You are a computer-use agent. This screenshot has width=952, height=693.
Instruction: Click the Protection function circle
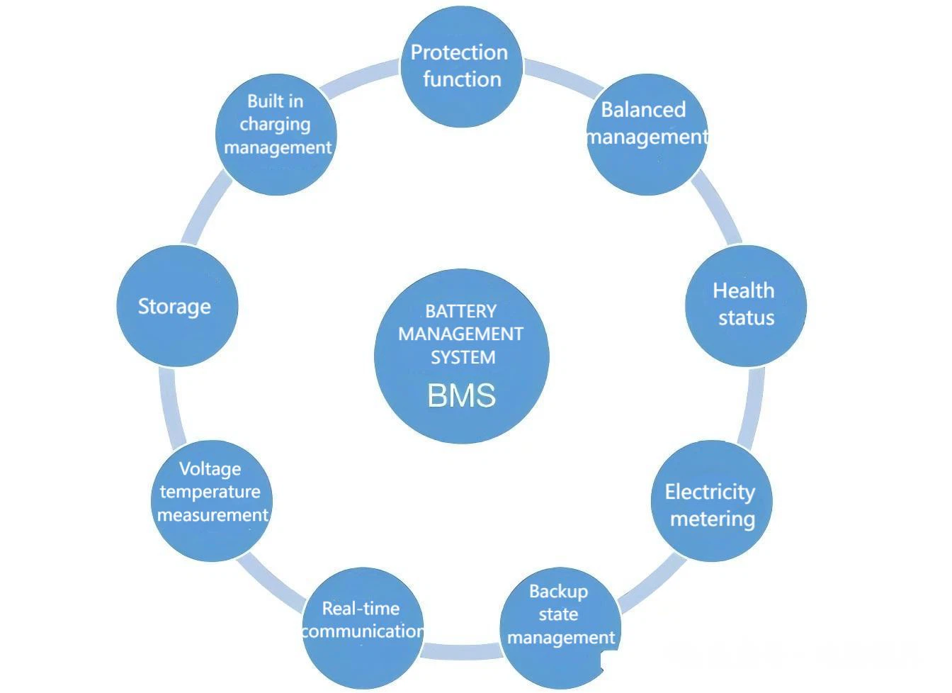click(462, 67)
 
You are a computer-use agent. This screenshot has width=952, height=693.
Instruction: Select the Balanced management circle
click(647, 135)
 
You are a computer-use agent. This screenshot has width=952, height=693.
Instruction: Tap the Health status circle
click(746, 306)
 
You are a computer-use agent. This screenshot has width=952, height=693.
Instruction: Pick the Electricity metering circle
click(712, 501)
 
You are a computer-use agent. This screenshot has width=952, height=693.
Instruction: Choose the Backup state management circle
click(560, 629)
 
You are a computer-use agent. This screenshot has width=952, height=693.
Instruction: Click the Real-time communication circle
click(363, 629)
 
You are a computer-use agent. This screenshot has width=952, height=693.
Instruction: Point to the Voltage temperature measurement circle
click(212, 501)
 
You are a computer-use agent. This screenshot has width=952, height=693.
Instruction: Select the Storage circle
click(177, 306)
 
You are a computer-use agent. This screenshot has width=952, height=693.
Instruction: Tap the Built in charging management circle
click(276, 135)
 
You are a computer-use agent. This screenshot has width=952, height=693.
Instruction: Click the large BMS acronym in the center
click(462, 395)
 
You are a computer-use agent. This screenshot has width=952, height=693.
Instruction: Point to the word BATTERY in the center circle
click(461, 311)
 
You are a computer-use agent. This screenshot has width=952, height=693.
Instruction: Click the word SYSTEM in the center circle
click(463, 357)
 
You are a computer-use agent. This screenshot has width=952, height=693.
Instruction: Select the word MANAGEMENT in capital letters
click(461, 334)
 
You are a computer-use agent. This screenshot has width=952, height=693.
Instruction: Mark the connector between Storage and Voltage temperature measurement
click(171, 409)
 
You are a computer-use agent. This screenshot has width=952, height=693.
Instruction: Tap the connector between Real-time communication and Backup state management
click(462, 651)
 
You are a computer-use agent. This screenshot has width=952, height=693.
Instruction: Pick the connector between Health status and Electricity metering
click(752, 409)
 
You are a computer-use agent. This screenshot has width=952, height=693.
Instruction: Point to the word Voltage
click(210, 470)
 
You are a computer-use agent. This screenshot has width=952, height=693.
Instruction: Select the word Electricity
click(710, 492)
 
